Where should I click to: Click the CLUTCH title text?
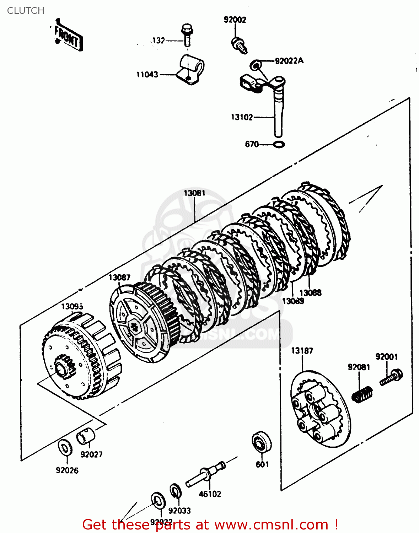coord(26,11)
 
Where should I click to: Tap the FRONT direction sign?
coord(68,36)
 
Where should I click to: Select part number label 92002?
coord(235,20)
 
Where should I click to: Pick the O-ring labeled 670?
coord(279,145)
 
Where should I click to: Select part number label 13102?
coord(242,117)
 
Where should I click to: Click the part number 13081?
coord(194,193)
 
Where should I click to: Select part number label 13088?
coord(310,293)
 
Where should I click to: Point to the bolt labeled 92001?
coord(391,378)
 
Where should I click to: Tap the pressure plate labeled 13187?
coord(320,409)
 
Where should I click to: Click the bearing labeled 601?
coord(261,442)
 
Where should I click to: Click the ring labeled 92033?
coord(175,491)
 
